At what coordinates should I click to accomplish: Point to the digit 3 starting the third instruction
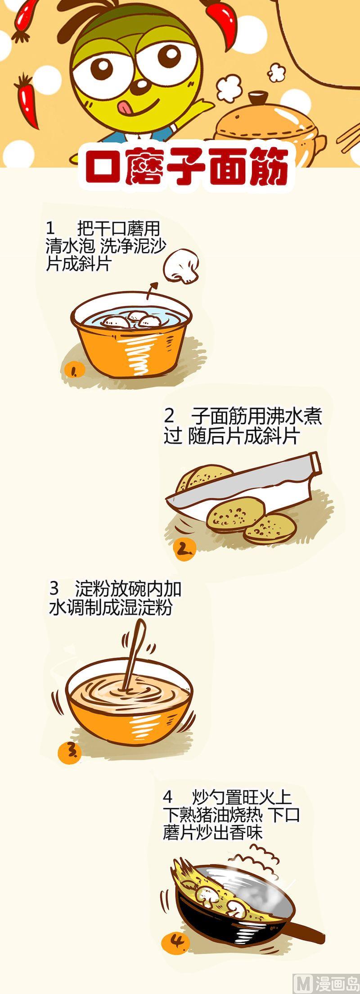click(x=54, y=588)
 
